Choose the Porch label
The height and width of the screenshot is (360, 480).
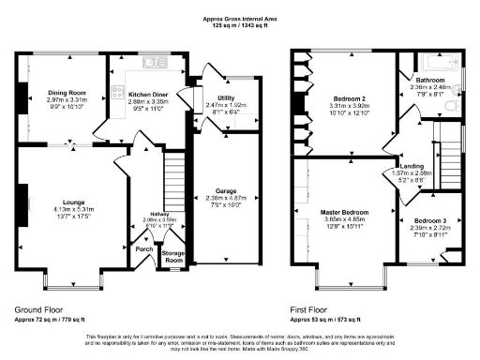144,249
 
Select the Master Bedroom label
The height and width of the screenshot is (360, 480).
340,212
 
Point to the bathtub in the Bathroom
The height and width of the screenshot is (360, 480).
435,66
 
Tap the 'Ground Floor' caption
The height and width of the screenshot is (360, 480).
38,307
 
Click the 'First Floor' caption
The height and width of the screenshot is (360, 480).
312,307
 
